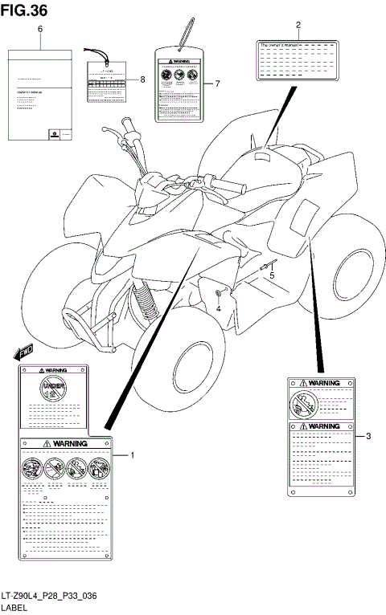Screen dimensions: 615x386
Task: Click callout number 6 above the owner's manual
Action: [40, 29]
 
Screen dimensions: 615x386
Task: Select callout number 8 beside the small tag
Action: [142, 79]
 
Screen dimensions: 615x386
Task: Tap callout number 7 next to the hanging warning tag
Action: [216, 83]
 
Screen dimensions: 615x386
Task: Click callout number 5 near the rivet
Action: [271, 275]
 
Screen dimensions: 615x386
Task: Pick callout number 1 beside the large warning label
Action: [133, 454]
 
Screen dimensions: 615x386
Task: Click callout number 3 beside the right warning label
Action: [368, 436]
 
